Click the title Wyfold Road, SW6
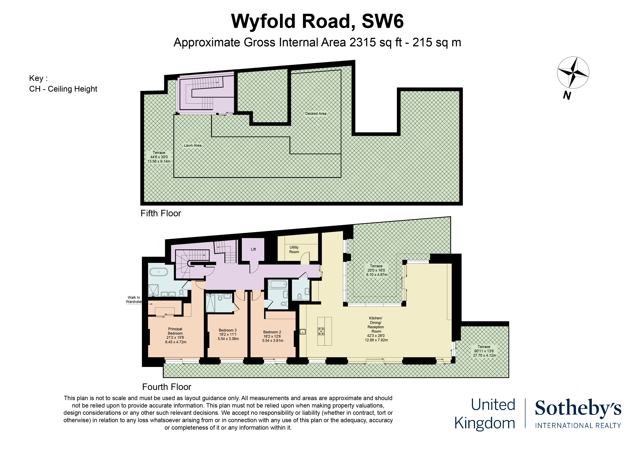coord(317,21)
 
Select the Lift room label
coord(253,249)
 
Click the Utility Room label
coord(294,249)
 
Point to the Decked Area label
coord(316,113)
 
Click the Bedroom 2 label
coord(272,332)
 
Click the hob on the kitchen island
coord(321,331)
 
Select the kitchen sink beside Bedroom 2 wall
coord(303,331)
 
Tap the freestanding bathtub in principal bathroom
coord(158,272)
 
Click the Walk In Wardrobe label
coord(134,300)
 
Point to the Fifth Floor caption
coord(161,213)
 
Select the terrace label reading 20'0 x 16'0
coord(376,270)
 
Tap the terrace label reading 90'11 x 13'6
coord(484,351)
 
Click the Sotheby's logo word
coord(578,408)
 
